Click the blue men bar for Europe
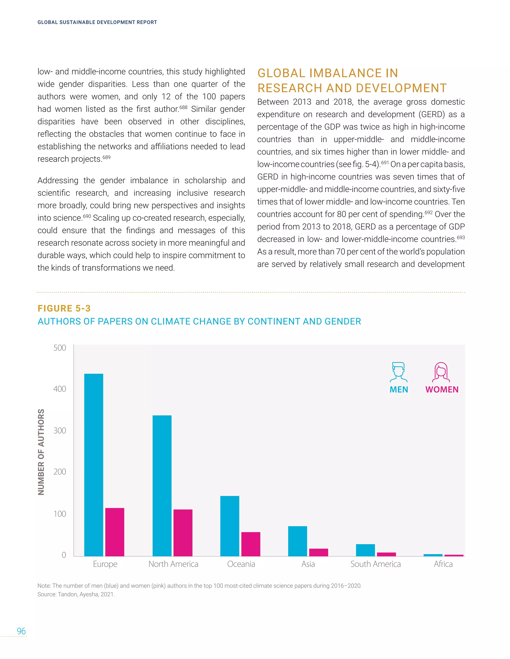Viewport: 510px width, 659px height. tap(94, 465)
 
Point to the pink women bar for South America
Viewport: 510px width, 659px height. tap(386, 554)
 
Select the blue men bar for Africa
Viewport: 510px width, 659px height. tap(433, 555)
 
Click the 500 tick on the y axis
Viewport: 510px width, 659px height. tap(60, 348)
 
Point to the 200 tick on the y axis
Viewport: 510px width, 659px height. tap(60, 471)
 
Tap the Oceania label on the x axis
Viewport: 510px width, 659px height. tap(241, 564)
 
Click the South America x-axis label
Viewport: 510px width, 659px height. tap(376, 564)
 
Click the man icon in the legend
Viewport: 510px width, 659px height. tap(398, 372)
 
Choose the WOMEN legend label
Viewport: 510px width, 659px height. tap(442, 389)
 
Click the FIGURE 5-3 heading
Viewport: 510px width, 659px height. tap(64, 308)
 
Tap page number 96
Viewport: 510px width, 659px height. tap(21, 631)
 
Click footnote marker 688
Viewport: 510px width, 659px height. tap(183, 107)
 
